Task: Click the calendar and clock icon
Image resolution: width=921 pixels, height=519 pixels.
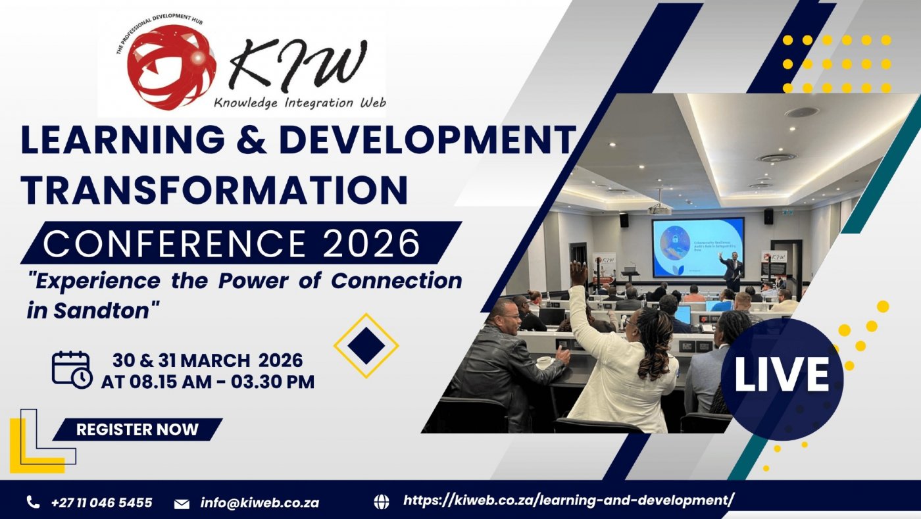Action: coord(72,370)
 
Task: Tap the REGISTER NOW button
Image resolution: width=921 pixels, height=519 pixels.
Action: coord(137,430)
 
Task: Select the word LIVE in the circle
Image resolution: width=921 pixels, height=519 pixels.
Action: coord(782,375)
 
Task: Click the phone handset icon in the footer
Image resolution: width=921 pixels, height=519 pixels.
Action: coord(33,503)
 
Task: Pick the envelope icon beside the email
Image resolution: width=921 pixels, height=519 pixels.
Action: coord(182,503)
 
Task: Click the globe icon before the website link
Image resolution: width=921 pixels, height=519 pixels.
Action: coord(382,502)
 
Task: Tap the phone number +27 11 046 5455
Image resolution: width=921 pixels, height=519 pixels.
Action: coord(101,503)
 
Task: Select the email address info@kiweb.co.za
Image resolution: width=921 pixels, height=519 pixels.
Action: coord(260,503)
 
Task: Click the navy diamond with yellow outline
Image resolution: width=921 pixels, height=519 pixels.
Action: coord(366,345)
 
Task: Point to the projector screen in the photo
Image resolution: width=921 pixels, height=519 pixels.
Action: coord(697,247)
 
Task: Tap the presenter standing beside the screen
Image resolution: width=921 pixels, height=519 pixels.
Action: coord(732,270)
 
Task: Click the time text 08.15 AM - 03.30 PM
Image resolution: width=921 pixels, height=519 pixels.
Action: coord(207,382)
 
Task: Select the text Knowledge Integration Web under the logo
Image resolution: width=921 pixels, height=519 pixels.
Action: coord(299,103)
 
